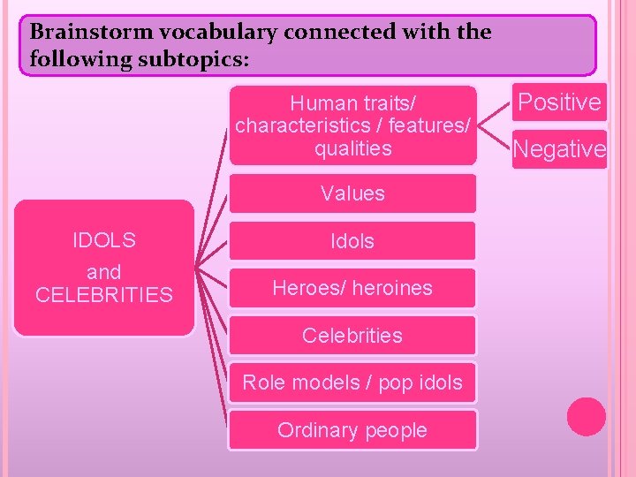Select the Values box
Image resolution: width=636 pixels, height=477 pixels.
pyautogui.click(x=352, y=193)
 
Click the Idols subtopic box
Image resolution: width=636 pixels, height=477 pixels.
pyautogui.click(x=352, y=241)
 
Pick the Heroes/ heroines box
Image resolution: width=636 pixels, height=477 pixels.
pyautogui.click(x=352, y=288)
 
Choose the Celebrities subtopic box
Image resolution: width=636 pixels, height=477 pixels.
pyautogui.click(x=352, y=336)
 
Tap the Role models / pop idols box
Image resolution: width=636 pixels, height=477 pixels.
pyautogui.click(x=352, y=382)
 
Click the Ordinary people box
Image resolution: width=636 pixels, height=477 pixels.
pyautogui.click(x=352, y=430)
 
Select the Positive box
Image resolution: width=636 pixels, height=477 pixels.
pyautogui.click(x=559, y=102)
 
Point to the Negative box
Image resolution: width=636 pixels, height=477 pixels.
pyautogui.click(x=559, y=150)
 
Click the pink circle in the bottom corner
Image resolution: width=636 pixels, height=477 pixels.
pyautogui.click(x=586, y=417)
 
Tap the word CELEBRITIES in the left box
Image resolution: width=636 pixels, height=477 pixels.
pyautogui.click(x=104, y=295)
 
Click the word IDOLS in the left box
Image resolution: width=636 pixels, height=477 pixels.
pyautogui.click(x=104, y=240)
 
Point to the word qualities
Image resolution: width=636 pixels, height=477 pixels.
pyautogui.click(x=352, y=148)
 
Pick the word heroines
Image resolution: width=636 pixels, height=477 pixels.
pyautogui.click(x=395, y=288)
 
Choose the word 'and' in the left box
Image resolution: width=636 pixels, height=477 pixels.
pyautogui.click(x=104, y=272)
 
